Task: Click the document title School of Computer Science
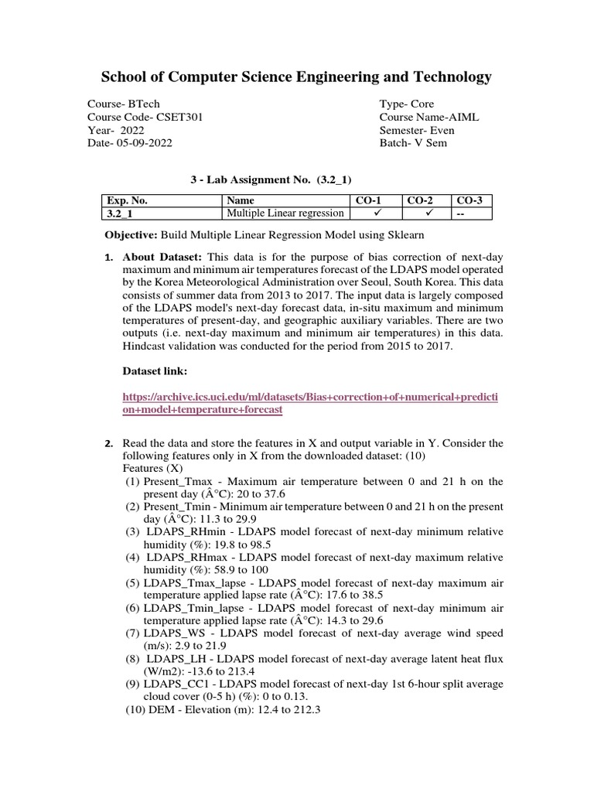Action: pos(296,77)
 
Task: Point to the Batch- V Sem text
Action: pos(413,144)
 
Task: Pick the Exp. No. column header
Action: pos(127,201)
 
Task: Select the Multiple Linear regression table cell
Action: pos(284,214)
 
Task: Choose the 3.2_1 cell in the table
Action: pos(120,214)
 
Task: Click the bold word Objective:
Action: pos(131,235)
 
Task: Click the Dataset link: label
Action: pos(155,372)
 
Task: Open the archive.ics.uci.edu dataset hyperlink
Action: pos(309,403)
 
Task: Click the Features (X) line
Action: pos(154,469)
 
